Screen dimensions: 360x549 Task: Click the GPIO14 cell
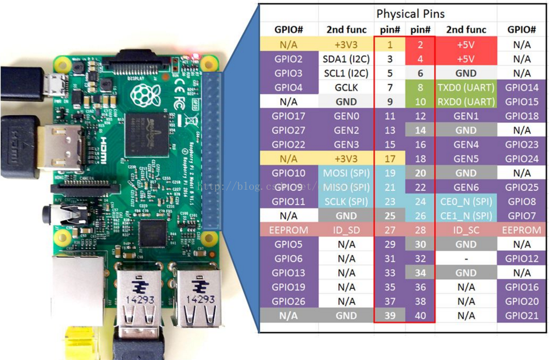(521, 87)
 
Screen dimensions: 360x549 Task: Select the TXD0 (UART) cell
(465, 87)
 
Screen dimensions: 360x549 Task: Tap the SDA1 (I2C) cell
(346, 58)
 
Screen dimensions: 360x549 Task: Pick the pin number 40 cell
(420, 315)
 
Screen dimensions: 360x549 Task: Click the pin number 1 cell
(390, 44)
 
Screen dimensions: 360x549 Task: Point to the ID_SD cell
(346, 230)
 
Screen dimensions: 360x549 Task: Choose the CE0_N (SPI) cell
(465, 201)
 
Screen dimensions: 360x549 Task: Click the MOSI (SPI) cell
(346, 173)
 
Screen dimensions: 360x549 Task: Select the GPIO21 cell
(521, 315)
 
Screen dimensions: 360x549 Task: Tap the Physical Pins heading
(410, 14)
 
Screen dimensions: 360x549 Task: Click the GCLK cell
(346, 87)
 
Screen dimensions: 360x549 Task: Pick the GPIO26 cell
(288, 301)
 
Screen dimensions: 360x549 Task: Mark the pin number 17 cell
(390, 159)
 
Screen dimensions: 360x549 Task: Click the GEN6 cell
(465, 187)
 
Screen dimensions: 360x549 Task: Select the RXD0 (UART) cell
(465, 101)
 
